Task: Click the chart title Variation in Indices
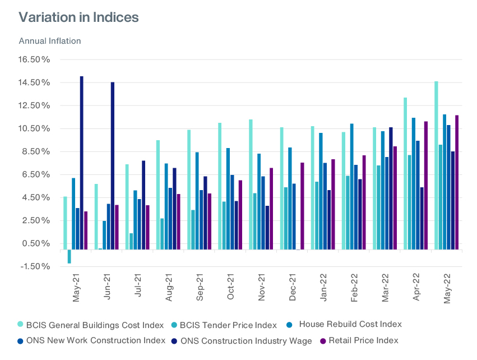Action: pyautogui.click(x=78, y=17)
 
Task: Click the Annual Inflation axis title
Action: pyautogui.click(x=50, y=41)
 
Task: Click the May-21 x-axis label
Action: pyautogui.click(x=77, y=288)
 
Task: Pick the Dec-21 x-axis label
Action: pyautogui.click(x=293, y=288)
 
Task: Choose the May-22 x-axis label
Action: pyautogui.click(x=448, y=288)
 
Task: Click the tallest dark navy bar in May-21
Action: pyautogui.click(x=82, y=163)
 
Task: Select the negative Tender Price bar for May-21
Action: pyautogui.click(x=69, y=256)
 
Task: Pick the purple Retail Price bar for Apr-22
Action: pyautogui.click(x=426, y=186)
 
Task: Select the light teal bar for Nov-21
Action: pyautogui.click(x=251, y=184)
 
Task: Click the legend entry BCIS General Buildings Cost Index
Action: pyautogui.click(x=91, y=325)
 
